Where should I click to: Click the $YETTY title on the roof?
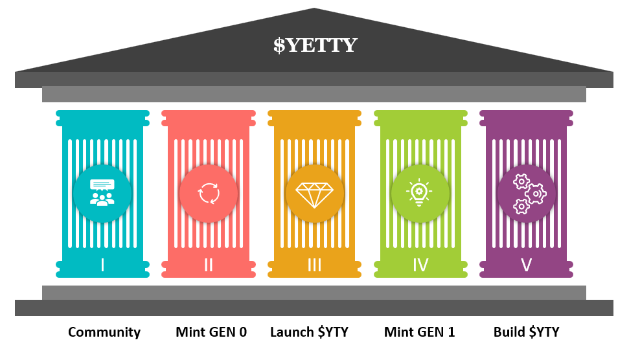pos(315,45)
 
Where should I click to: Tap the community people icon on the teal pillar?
pos(102,192)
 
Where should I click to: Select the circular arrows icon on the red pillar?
pos(209,193)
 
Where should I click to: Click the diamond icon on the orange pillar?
pos(314,194)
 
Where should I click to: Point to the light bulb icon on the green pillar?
pos(420,193)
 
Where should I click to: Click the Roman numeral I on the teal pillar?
pos(102,265)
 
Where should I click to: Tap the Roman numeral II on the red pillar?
pos(209,265)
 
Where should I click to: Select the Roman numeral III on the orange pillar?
pos(314,265)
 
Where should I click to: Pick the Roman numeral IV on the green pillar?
pos(420,265)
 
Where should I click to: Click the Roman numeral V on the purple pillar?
pos(526,265)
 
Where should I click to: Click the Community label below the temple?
pos(104,333)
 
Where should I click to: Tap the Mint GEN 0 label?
pos(211,333)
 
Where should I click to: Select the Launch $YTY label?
pos(309,333)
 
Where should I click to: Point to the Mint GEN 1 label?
pos(419,333)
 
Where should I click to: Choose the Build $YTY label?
pos(526,333)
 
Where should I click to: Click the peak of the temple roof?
pos(314,10)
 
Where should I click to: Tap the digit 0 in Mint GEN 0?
pos(242,333)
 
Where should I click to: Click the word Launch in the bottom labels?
pos(292,333)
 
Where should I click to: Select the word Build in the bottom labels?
pos(509,333)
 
